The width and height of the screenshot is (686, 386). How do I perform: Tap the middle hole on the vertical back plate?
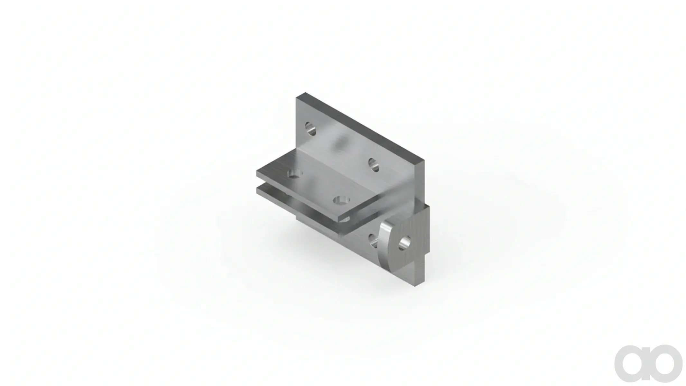point(373,165)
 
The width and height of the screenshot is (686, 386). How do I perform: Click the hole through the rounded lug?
point(404,243)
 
